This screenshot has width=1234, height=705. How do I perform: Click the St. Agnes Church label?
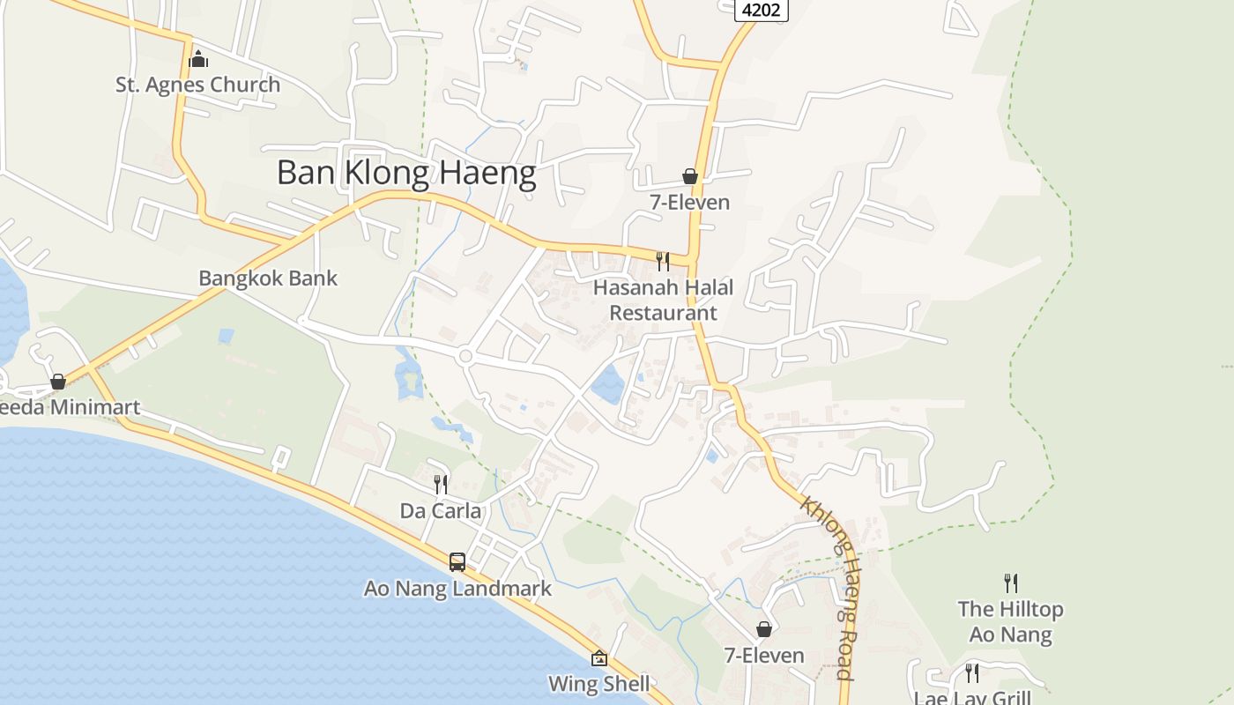point(198,85)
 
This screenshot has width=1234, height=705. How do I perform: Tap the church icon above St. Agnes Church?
point(198,59)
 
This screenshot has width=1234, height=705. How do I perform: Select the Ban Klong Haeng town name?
point(406,173)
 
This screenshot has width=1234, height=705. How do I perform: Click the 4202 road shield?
point(761,10)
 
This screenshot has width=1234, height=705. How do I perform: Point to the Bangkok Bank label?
point(268,278)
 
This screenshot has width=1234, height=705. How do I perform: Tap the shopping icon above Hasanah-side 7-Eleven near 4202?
point(690,177)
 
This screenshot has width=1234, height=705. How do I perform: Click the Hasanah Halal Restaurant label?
point(663,300)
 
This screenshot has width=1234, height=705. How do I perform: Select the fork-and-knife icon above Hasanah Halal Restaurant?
point(663,261)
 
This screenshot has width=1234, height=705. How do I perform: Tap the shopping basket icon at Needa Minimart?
point(58,382)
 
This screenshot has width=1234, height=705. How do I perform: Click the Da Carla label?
point(441,511)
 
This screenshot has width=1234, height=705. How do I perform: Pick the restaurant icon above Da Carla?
point(441,484)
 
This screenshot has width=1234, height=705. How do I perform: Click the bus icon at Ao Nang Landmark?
point(457,561)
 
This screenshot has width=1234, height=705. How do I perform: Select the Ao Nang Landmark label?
point(457,589)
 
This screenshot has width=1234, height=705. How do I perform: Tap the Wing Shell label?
point(599,684)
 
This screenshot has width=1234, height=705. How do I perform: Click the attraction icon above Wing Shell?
point(599,658)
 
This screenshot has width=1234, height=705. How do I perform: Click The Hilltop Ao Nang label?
point(1010,621)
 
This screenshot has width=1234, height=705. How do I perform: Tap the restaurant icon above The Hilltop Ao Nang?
point(1010,583)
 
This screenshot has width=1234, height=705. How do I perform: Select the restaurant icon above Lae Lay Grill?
point(972,673)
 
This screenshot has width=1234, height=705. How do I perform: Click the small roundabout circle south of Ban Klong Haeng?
point(466,356)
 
